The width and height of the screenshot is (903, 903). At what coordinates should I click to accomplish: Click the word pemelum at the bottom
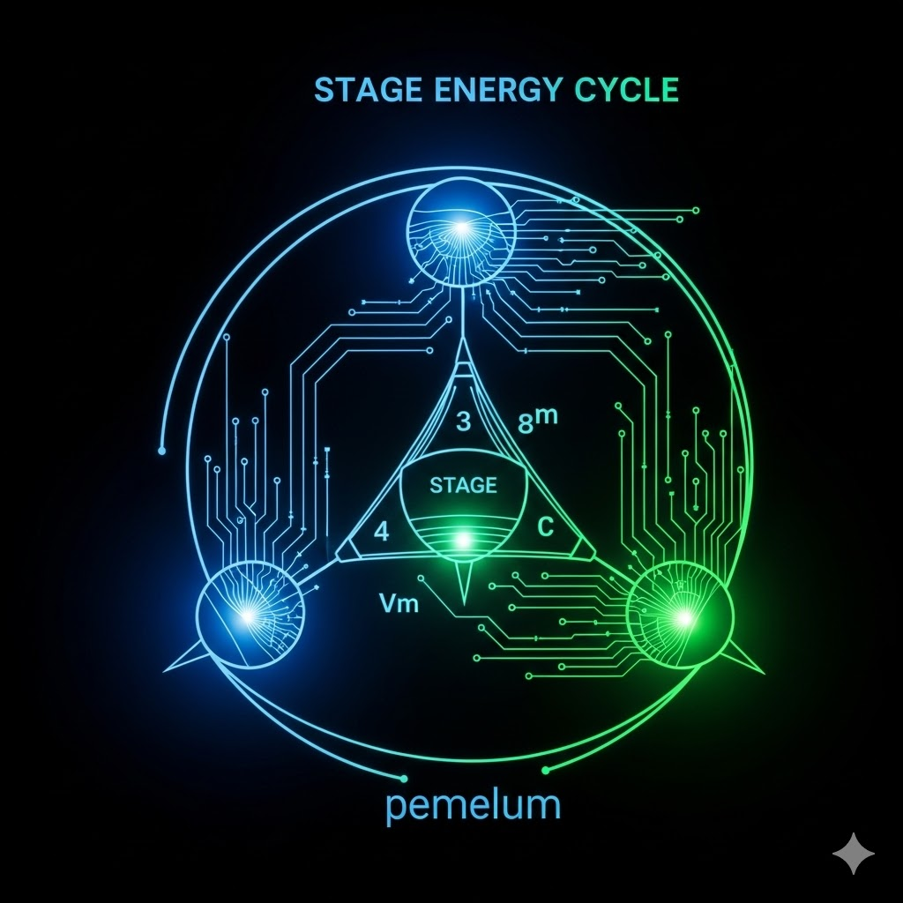(474, 807)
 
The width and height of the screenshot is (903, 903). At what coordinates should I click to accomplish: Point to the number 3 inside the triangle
(463, 422)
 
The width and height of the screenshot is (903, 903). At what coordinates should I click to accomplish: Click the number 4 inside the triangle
(381, 531)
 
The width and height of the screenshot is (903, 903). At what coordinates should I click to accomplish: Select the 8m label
(538, 421)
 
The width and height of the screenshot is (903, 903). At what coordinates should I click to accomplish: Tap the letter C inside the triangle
(544, 528)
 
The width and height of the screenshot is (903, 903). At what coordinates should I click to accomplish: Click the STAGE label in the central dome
(462, 485)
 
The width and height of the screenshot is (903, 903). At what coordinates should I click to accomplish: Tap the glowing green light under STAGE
(461, 539)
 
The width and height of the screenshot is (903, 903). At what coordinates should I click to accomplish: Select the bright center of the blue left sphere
(250, 614)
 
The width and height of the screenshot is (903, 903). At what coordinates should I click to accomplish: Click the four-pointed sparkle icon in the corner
(854, 854)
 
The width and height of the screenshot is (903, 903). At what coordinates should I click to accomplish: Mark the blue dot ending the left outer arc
(161, 451)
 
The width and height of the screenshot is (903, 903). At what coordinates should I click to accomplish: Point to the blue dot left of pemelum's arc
(404, 779)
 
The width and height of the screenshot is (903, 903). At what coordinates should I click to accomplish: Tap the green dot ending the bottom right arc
(545, 771)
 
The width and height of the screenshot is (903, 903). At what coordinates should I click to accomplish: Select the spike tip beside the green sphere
(759, 668)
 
